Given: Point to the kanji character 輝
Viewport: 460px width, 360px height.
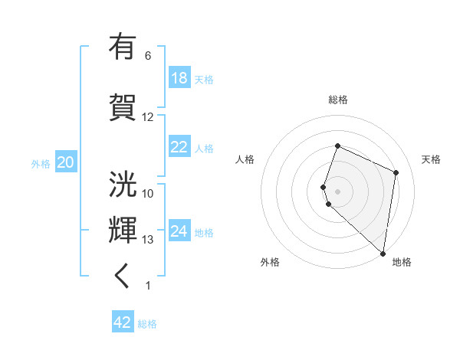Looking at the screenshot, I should [x=123, y=230].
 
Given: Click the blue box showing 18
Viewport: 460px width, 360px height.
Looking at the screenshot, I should [x=179, y=78].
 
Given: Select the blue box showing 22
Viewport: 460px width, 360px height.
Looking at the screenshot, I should [x=179, y=148].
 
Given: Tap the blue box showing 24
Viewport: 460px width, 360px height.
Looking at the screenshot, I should [x=179, y=231].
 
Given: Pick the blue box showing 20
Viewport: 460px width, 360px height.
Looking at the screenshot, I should [x=65, y=162].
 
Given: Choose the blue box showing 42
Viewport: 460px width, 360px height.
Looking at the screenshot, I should [x=123, y=322].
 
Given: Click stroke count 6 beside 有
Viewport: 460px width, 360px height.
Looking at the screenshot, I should [x=147, y=56].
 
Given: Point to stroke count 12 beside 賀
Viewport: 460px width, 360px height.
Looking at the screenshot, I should [x=147, y=117].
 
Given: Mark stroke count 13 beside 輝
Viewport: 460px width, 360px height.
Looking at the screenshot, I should [x=147, y=240].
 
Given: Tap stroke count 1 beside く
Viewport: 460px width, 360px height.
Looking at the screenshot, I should [x=147, y=286].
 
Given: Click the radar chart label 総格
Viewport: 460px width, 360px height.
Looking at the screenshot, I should [x=338, y=100].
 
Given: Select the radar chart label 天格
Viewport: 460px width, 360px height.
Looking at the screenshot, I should [x=431, y=159].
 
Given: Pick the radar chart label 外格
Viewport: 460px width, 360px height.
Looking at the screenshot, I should [x=270, y=262].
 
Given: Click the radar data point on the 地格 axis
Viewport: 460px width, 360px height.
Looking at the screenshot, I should [x=383, y=254].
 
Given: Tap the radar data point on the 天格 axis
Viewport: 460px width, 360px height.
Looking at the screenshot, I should [x=396, y=172].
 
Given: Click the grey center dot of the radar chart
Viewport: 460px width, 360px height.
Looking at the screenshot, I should [x=338, y=191].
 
